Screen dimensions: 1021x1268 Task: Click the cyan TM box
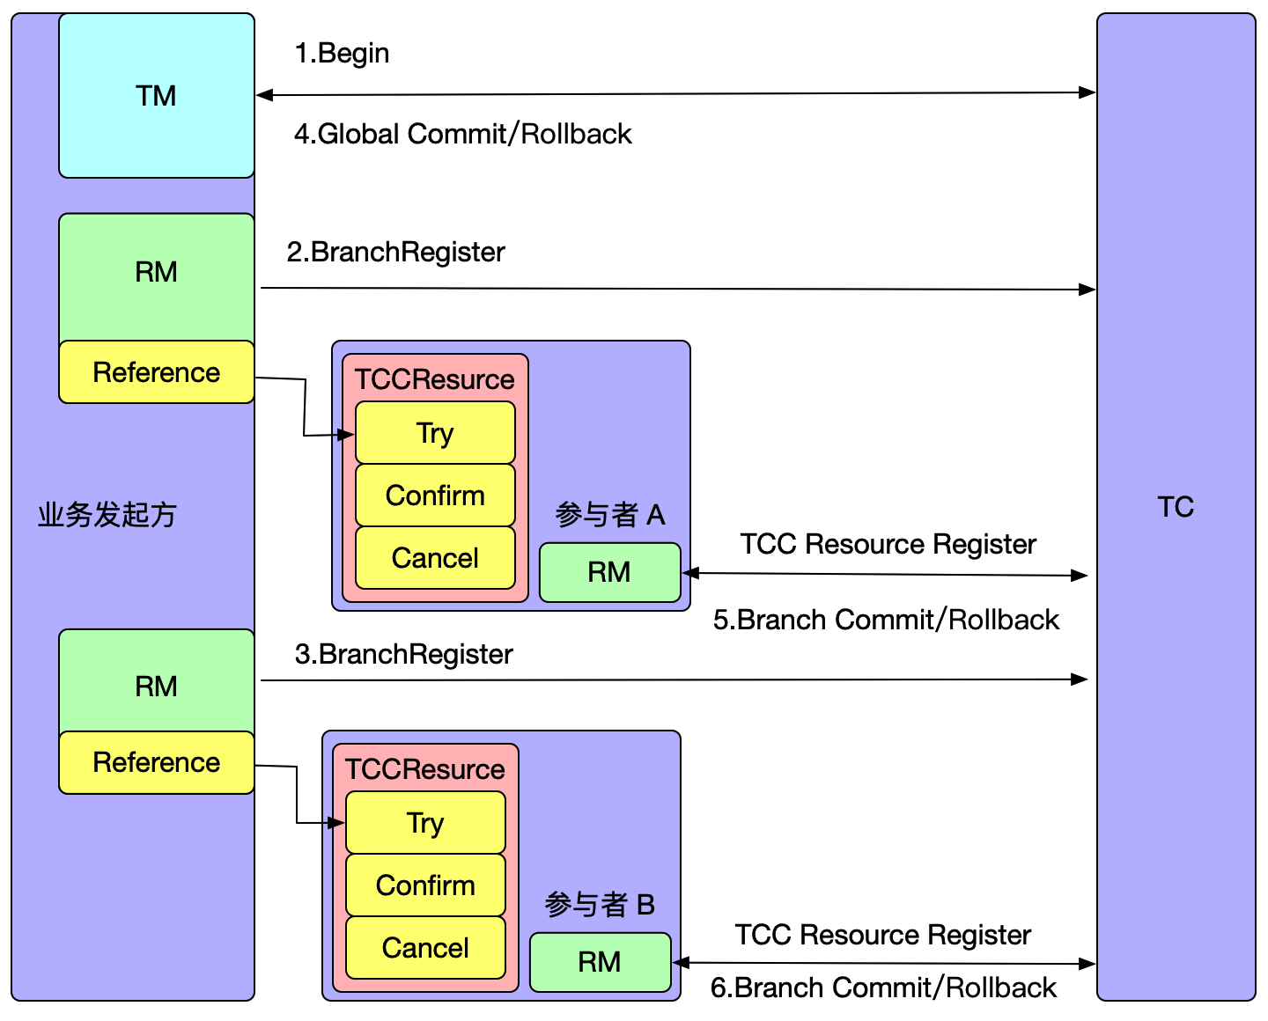156,95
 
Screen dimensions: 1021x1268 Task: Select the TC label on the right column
1176,507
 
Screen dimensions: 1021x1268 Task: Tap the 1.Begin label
342,53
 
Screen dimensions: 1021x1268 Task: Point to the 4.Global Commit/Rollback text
462,134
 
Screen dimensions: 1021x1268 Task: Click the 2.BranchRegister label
395,252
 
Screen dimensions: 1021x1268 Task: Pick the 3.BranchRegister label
403,654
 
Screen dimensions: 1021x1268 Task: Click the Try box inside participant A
435,433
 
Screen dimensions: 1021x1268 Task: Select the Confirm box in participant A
435,496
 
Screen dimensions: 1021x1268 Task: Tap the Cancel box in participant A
435,558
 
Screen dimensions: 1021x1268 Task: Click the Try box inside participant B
425,823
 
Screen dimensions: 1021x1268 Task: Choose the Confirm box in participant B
425,885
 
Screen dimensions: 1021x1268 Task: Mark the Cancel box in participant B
425,948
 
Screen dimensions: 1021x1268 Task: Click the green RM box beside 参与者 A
609,572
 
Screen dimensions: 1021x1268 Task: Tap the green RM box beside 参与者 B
600,962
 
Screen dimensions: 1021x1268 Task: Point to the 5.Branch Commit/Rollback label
886,620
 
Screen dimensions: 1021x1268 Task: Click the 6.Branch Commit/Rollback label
883,988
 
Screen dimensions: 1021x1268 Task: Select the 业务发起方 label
107,514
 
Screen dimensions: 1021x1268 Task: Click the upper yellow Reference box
156,372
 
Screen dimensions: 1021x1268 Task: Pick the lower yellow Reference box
156,762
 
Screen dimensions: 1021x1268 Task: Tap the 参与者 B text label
600,905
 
